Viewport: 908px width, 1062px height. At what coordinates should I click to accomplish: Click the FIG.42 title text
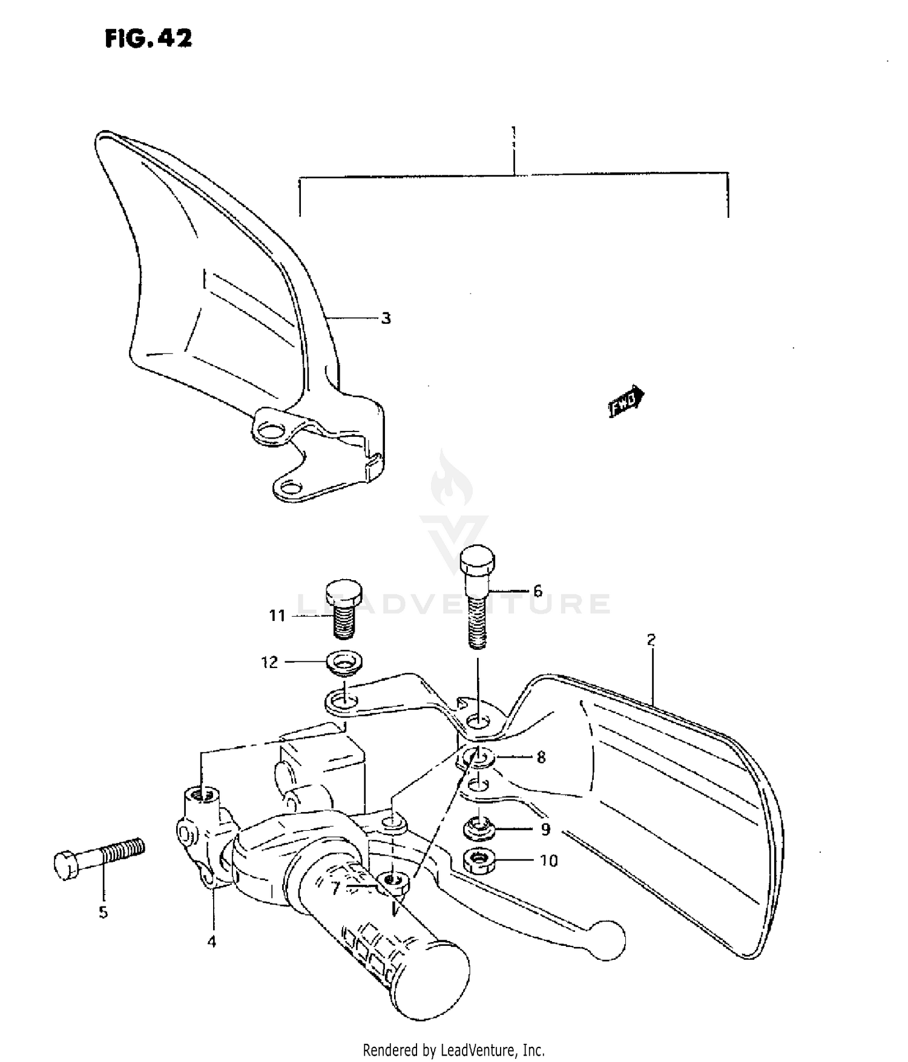148,39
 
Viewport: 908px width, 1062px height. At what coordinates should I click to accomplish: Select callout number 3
386,318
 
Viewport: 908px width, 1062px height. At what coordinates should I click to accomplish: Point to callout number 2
651,640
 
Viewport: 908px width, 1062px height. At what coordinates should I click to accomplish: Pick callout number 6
538,591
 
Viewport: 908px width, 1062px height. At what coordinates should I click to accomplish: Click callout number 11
277,616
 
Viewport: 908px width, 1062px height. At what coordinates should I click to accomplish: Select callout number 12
270,662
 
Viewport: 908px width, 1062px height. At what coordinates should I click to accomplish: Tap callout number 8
541,757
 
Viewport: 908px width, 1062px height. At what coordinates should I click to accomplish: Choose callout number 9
545,830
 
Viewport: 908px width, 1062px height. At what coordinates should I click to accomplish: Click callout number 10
548,860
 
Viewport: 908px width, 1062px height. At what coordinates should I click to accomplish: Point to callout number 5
104,912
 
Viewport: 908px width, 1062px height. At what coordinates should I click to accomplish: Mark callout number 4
211,942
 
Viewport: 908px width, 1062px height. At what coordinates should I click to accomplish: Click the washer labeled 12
344,662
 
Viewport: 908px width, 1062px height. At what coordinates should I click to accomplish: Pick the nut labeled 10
479,860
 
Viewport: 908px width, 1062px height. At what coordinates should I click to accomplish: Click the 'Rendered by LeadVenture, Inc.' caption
453,1050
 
